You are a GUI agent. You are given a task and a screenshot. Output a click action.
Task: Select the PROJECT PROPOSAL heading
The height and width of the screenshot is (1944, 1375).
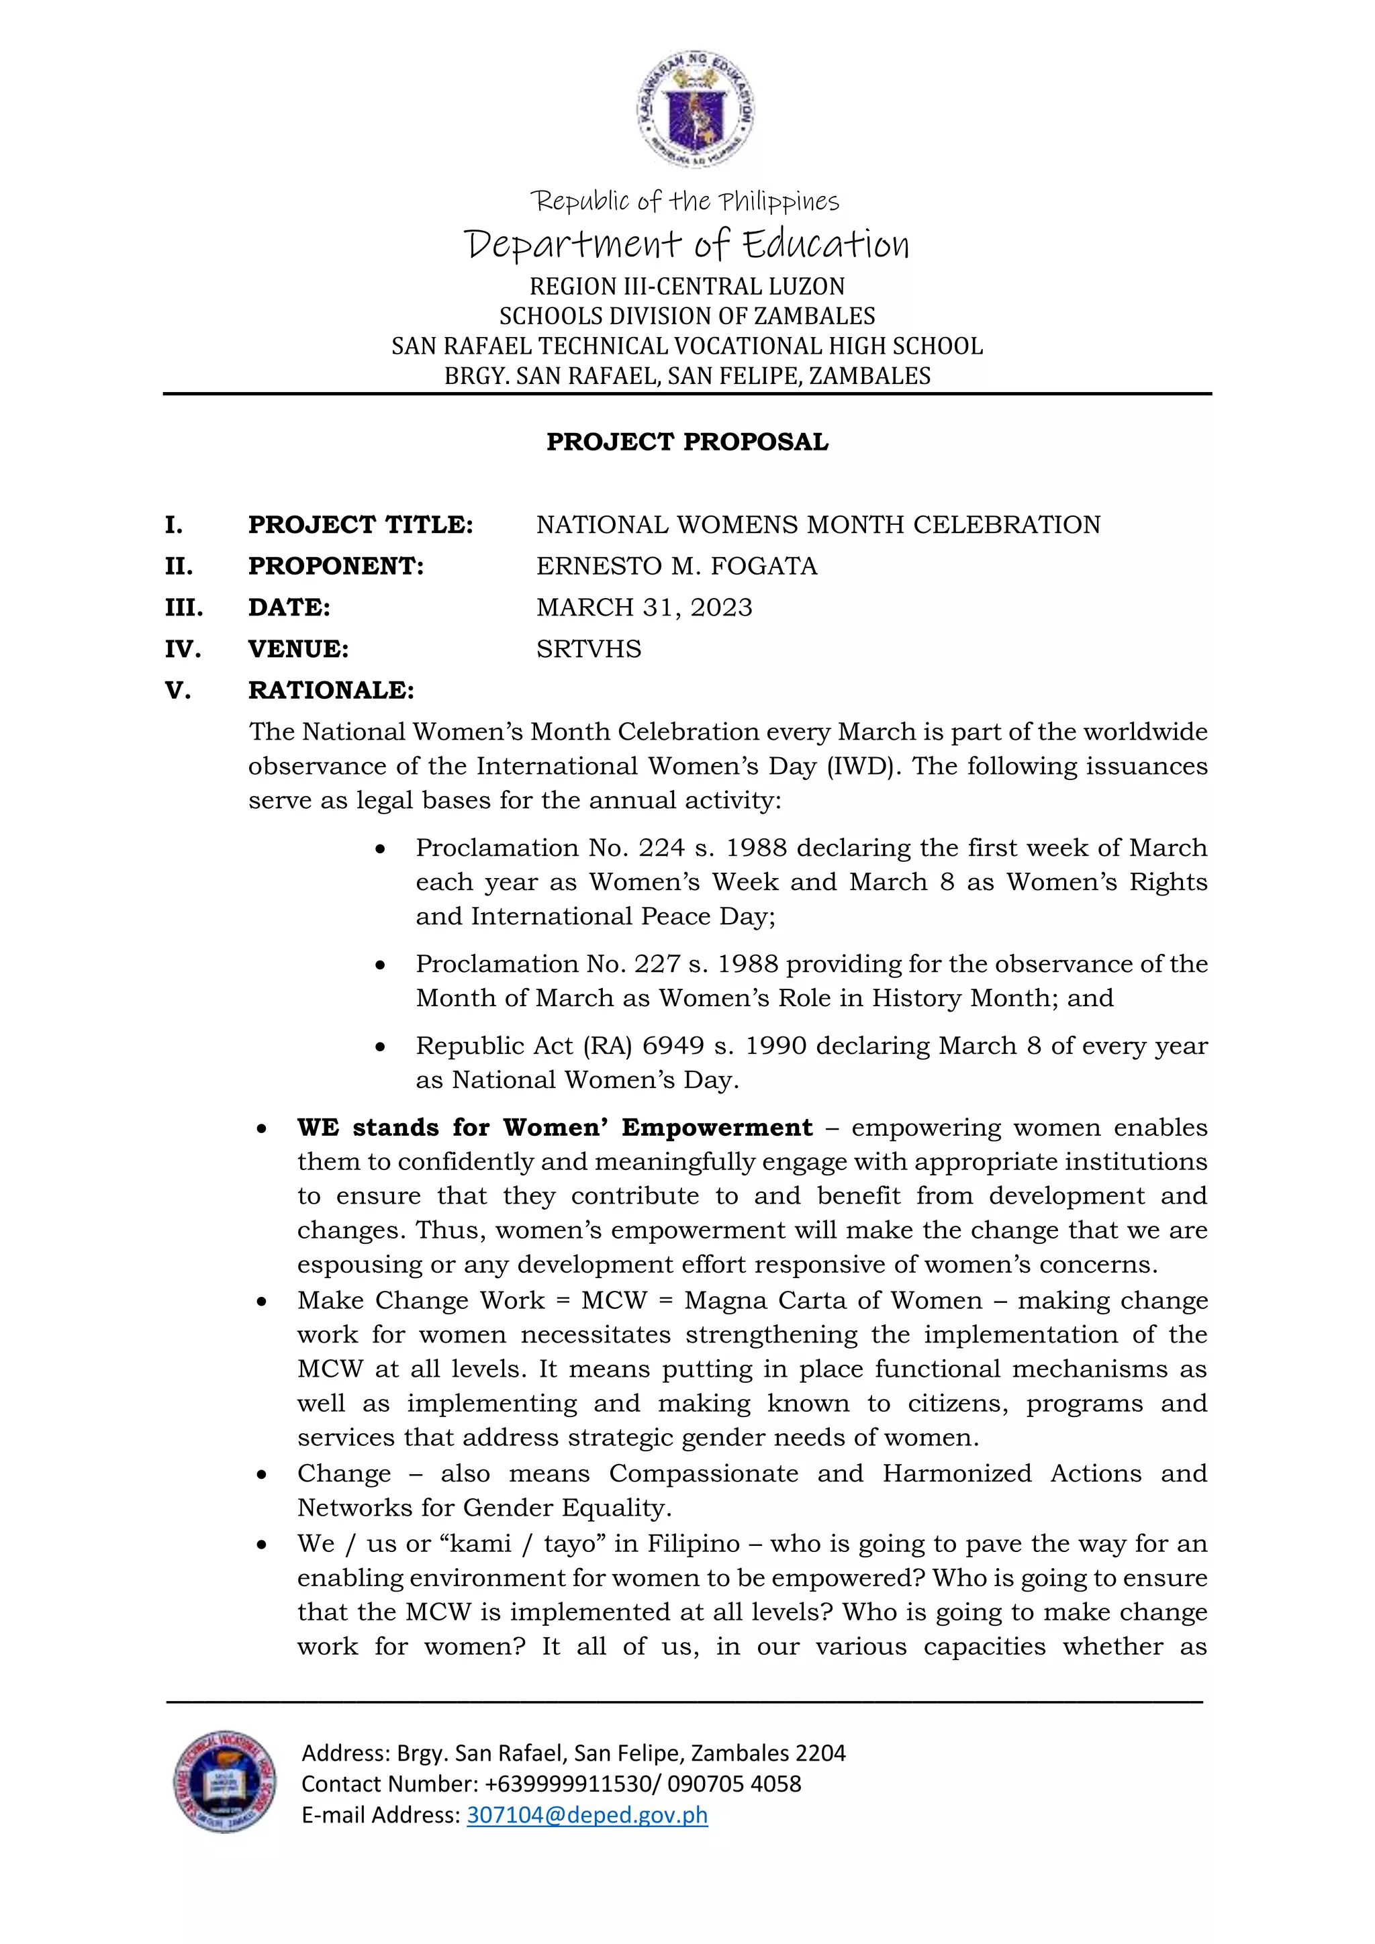click(687, 442)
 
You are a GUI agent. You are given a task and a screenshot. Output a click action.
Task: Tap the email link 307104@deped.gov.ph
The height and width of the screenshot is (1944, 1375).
click(587, 1814)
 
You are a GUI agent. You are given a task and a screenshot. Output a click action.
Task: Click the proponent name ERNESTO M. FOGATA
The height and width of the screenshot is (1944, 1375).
click(677, 566)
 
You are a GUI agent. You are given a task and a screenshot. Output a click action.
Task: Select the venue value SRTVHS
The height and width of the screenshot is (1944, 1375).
click(588, 648)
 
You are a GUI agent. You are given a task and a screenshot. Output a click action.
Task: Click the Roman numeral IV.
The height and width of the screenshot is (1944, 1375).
click(183, 649)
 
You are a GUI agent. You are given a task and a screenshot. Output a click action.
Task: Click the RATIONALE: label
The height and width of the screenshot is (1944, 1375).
click(331, 690)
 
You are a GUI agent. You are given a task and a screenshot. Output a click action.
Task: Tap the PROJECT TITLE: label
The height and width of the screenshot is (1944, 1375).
click(361, 525)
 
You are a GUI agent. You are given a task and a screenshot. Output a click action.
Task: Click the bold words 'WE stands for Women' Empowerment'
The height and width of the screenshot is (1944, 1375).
click(555, 1128)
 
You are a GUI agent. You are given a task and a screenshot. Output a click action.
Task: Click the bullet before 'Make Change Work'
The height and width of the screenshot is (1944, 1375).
click(263, 1302)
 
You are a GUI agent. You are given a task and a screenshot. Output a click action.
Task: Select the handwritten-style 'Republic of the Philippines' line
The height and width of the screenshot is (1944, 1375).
click(685, 201)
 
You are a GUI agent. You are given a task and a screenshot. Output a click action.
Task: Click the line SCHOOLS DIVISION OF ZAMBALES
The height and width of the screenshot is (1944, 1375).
click(687, 315)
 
